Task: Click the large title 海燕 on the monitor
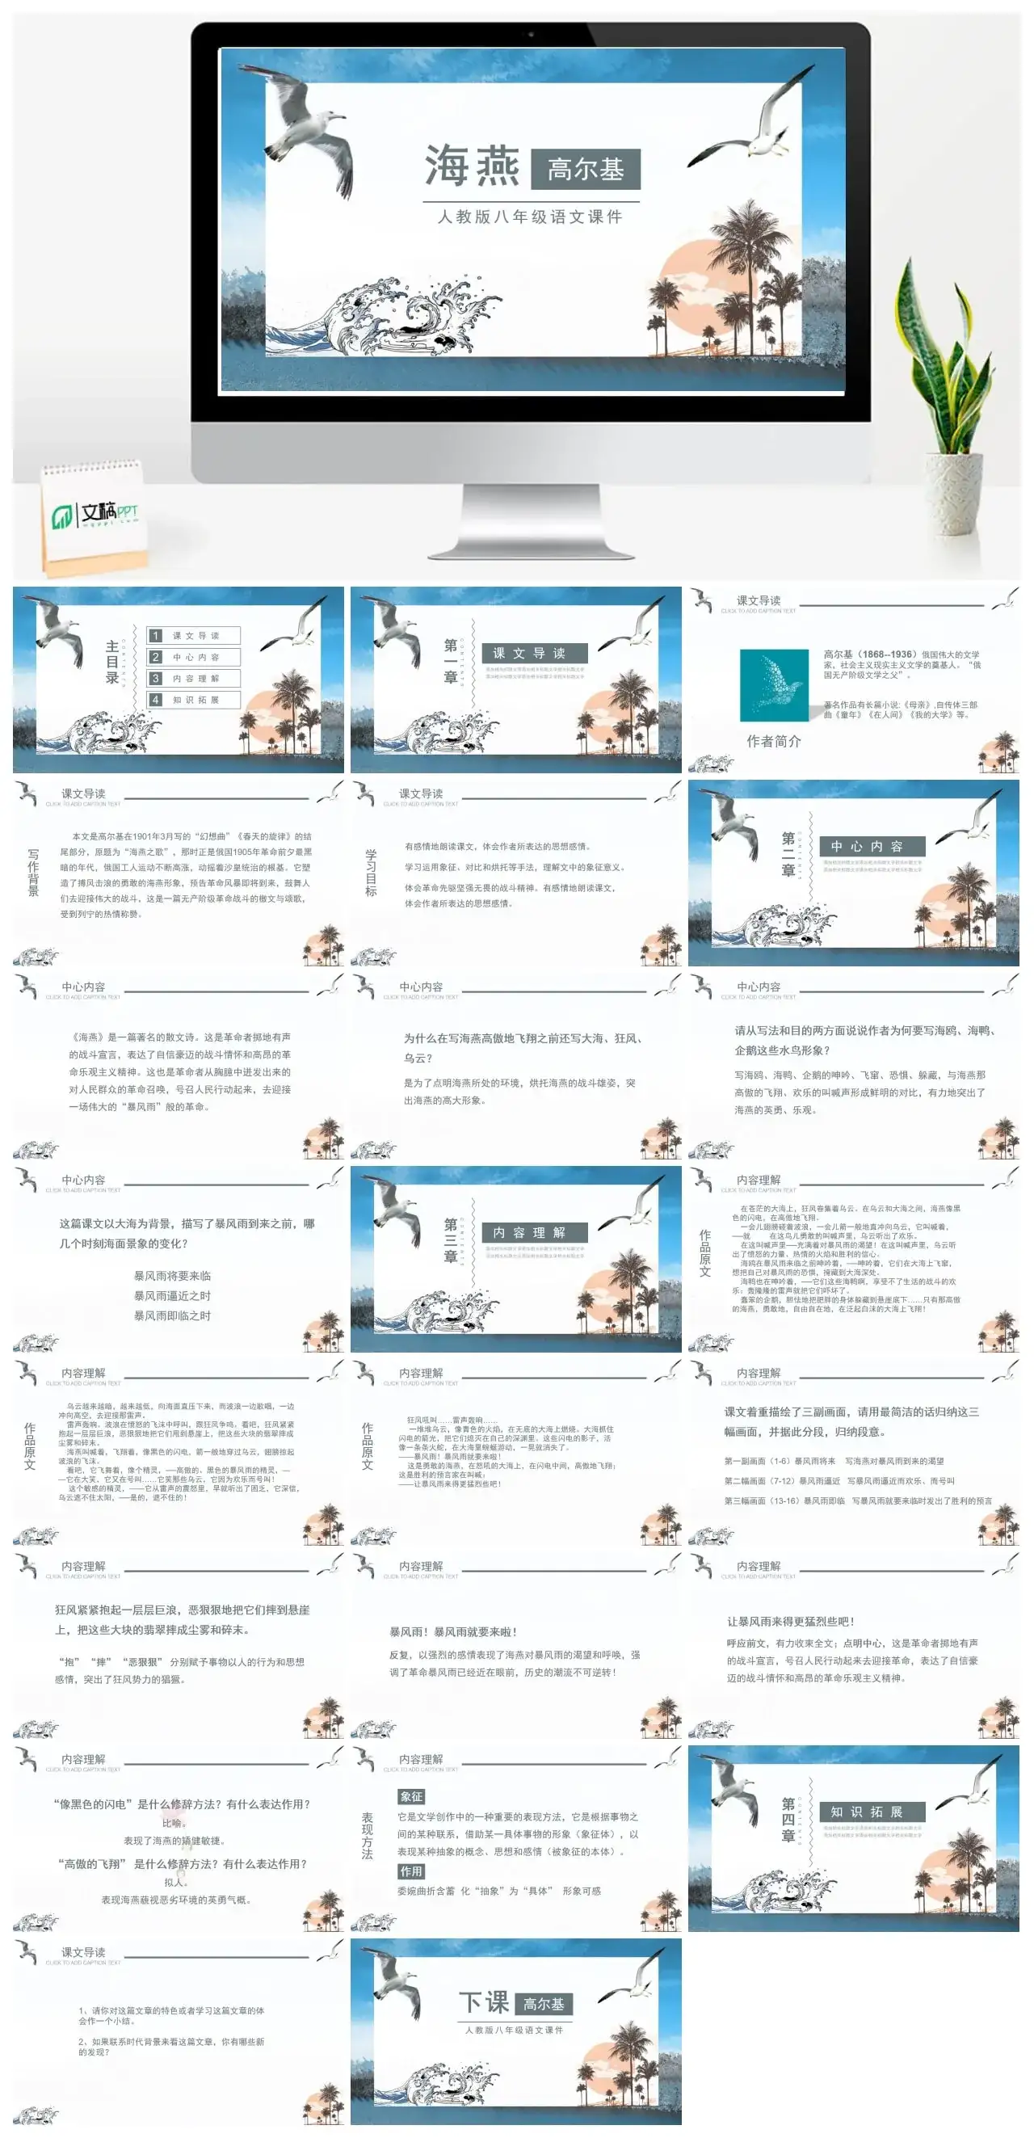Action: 471,166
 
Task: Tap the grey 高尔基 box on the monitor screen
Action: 585,170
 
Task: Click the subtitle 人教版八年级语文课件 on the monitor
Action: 529,217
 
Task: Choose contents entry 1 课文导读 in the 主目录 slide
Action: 194,635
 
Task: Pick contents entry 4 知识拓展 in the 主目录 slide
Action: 194,700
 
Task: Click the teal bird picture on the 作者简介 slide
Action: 773,684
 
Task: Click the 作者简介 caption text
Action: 773,741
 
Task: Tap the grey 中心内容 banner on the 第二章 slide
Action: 872,846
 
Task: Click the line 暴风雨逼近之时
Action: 173,1295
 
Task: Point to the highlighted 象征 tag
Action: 411,1797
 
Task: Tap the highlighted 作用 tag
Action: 411,1871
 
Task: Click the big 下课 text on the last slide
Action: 484,2003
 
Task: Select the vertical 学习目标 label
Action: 371,873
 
